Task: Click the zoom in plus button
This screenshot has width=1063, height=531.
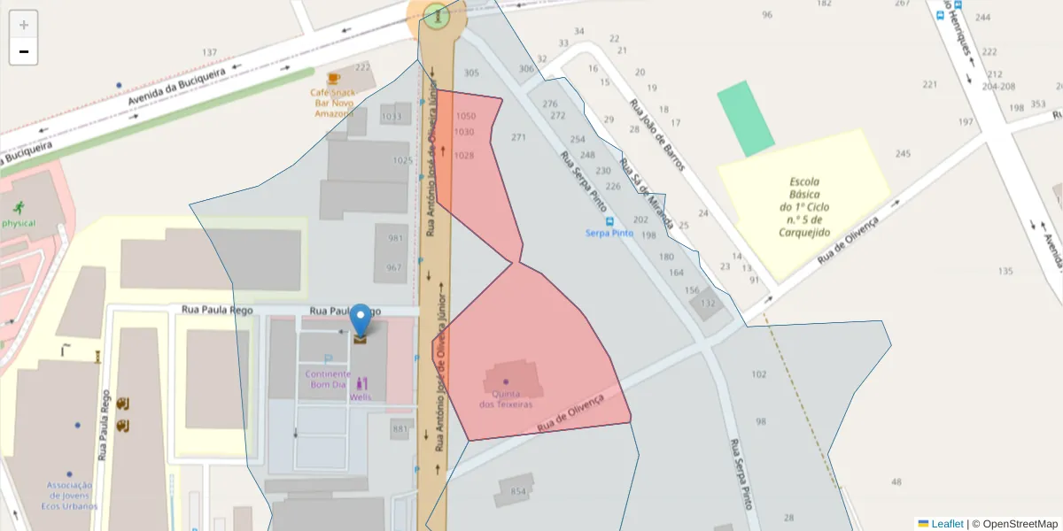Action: point(23,25)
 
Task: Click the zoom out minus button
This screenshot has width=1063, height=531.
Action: point(23,51)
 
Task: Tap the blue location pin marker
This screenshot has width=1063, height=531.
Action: point(361,320)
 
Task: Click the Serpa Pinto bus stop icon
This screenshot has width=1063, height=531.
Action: point(609,220)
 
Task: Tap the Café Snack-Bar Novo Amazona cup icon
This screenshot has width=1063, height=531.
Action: point(333,78)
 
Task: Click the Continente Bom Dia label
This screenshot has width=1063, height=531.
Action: point(328,379)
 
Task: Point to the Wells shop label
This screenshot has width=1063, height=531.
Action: point(361,397)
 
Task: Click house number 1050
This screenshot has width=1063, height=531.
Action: point(465,116)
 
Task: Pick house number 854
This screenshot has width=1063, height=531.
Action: point(518,491)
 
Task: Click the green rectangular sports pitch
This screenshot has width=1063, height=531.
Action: point(745,119)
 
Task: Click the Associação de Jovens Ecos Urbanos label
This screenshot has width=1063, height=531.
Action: point(69,496)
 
